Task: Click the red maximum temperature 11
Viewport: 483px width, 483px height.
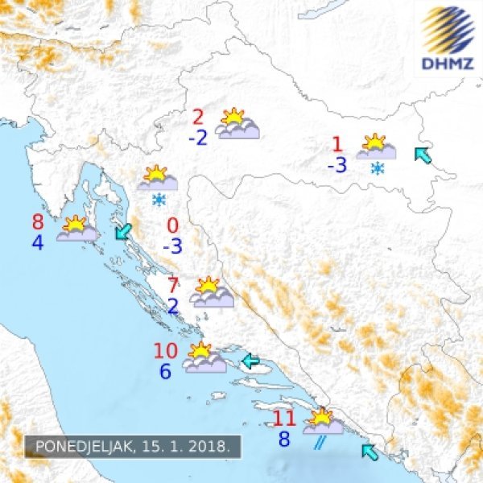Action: click(285, 419)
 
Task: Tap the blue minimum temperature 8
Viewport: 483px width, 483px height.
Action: click(284, 440)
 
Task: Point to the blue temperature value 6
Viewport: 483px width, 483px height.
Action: click(166, 372)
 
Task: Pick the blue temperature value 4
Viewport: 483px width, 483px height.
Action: click(38, 242)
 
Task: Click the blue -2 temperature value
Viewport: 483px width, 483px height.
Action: click(197, 137)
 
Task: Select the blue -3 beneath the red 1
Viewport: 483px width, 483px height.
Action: click(336, 166)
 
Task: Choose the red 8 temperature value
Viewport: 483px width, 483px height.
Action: click(38, 222)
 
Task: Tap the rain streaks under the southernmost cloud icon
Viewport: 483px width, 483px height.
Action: click(320, 441)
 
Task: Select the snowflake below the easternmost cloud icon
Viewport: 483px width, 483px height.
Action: click(376, 169)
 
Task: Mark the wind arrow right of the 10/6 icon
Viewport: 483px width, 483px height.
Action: click(250, 361)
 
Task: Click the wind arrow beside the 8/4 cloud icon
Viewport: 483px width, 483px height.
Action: click(122, 232)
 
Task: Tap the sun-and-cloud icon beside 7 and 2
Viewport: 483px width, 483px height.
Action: click(212, 292)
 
